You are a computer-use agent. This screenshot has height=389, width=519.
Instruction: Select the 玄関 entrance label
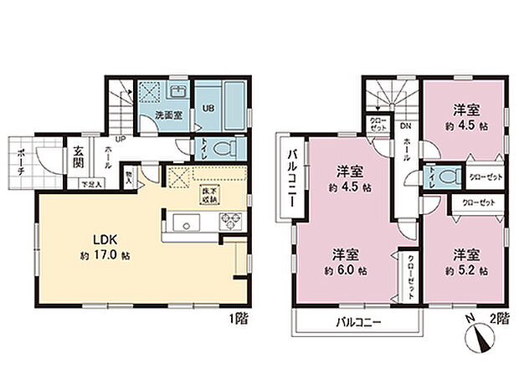pyautogui.click(x=78, y=156)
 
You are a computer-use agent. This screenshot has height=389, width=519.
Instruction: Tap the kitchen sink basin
pyautogui.click(x=186, y=222)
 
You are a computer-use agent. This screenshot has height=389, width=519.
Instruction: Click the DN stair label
pyautogui.click(x=405, y=126)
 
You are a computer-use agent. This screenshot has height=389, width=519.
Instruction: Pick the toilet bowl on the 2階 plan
pyautogui.click(x=448, y=177)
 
